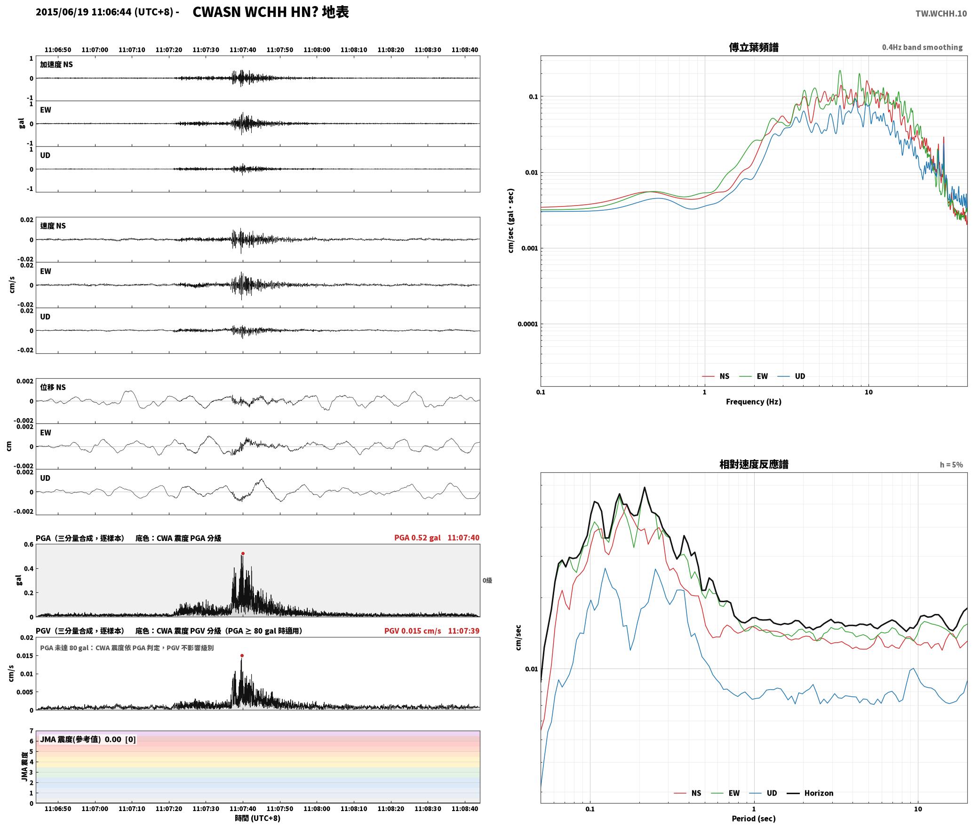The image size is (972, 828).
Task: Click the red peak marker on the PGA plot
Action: (x=243, y=554)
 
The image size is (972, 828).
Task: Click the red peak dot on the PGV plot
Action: (x=242, y=655)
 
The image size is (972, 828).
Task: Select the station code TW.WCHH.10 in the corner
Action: (x=941, y=14)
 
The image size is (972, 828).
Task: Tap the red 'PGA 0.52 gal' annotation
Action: (x=417, y=538)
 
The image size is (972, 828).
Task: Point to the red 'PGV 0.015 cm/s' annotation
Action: (x=413, y=631)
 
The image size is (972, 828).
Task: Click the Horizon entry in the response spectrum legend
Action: (x=810, y=793)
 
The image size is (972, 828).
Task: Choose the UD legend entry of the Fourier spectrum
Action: (x=791, y=376)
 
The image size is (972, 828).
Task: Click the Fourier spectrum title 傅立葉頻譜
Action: (x=753, y=48)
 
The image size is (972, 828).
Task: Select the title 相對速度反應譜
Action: (x=754, y=464)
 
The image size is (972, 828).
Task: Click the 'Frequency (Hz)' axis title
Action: (x=753, y=402)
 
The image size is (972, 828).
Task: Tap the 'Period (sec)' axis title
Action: (x=753, y=819)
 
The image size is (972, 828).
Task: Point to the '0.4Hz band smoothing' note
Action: (x=922, y=48)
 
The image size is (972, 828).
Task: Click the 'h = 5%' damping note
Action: (x=951, y=465)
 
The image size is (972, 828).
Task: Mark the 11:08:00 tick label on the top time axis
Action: (x=317, y=50)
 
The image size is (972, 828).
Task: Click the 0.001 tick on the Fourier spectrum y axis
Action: (x=529, y=248)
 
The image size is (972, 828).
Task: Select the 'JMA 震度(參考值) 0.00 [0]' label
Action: (x=88, y=740)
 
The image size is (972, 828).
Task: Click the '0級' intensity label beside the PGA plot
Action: (x=487, y=581)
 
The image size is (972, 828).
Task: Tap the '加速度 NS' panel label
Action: (x=56, y=65)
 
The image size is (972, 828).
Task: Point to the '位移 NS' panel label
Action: (x=53, y=388)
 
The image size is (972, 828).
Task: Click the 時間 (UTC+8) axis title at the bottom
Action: (x=258, y=819)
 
